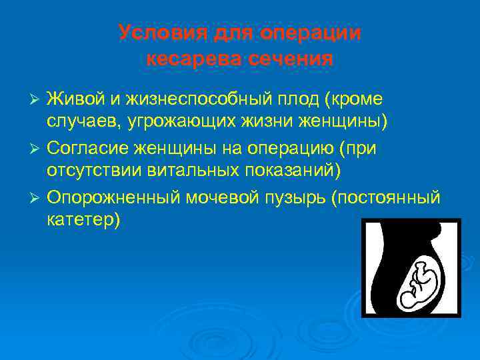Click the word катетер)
(83, 220)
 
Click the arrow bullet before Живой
(37, 99)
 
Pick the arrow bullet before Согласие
(37, 147)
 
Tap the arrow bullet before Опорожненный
(37, 198)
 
